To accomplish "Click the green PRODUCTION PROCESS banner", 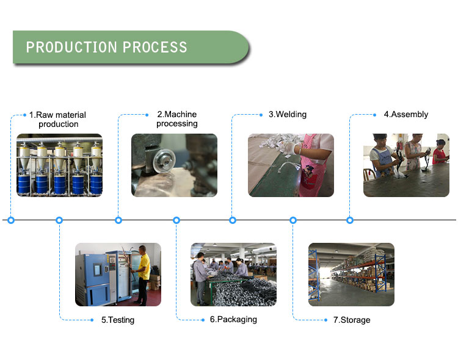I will [128, 47].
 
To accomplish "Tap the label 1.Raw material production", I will [58, 119].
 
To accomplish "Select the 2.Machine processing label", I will [177, 118].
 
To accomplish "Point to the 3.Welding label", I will [287, 114].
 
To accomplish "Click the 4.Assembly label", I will [405, 114].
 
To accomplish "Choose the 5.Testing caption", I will [117, 320].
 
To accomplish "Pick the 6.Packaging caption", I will [233, 319].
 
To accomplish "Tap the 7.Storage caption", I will [351, 320].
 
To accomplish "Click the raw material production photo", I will [59, 165].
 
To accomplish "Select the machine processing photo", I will [174, 165].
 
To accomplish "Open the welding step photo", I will [291, 165].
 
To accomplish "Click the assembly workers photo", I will [406, 165].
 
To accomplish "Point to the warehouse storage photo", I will [351, 274].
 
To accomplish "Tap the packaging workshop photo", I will [233, 274].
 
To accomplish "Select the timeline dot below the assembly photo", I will [350, 220].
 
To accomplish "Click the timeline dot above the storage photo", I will [293, 220].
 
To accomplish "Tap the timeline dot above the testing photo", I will [59, 220].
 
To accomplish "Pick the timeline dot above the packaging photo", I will [176, 220].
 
